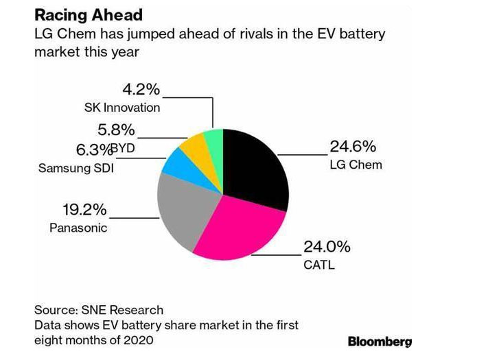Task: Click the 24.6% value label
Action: click(353, 147)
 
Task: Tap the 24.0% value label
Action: click(327, 247)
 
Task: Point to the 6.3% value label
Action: click(92, 150)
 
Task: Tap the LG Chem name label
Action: click(356, 165)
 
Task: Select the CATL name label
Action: click(318, 265)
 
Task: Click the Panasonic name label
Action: click(78, 228)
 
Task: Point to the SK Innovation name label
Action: click(121, 108)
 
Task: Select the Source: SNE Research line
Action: click(99, 310)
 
